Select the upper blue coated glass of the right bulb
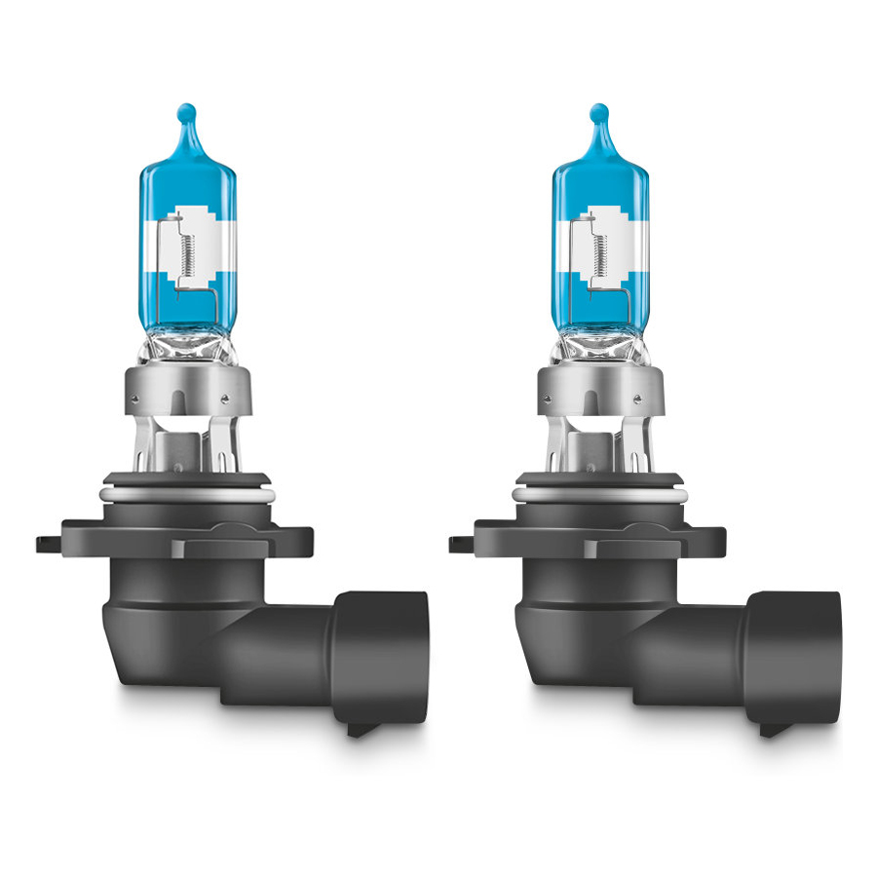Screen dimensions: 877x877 600,180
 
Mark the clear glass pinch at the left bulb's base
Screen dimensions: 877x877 188,346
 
